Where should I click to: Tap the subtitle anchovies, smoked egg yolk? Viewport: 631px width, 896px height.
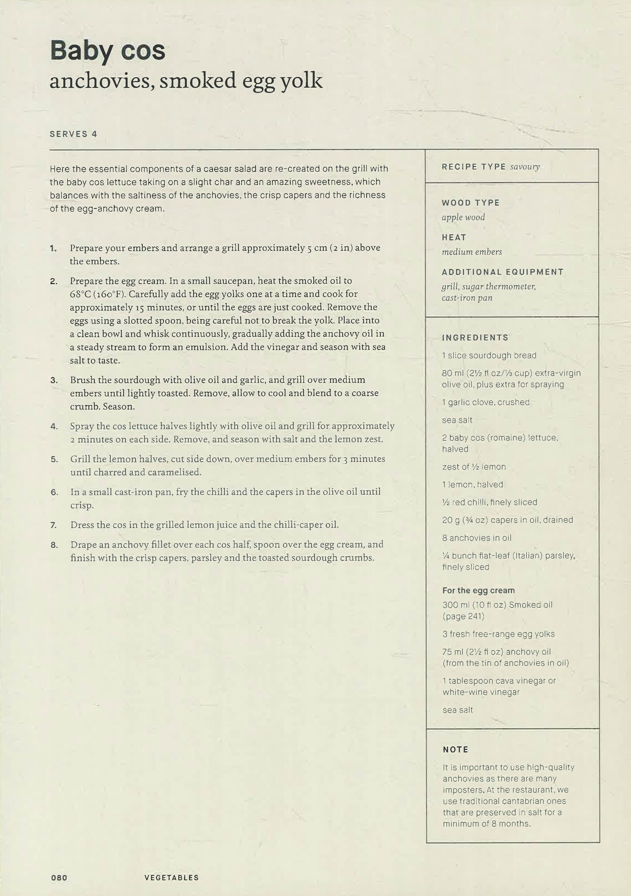pyautogui.click(x=186, y=81)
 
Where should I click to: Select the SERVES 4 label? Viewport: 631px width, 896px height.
pyautogui.click(x=73, y=134)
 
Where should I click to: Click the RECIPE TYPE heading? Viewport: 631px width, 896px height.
pyautogui.click(x=474, y=167)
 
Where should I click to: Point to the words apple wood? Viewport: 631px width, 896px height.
pyautogui.click(x=463, y=217)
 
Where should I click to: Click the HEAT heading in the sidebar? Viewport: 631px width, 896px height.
pyautogui.click(x=454, y=237)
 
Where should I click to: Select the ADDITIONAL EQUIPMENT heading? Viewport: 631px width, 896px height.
pyautogui.click(x=503, y=272)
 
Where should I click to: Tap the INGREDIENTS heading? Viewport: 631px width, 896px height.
pyautogui.click(x=475, y=338)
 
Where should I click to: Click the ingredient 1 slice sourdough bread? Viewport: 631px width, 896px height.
pyautogui.click(x=489, y=356)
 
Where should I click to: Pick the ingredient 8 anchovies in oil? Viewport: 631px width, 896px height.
pyautogui.click(x=477, y=538)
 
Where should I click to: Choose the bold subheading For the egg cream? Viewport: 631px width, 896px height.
pyautogui.click(x=478, y=590)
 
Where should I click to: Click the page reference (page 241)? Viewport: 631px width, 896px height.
pyautogui.click(x=463, y=617)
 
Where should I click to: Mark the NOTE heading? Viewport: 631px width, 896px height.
pyautogui.click(x=455, y=750)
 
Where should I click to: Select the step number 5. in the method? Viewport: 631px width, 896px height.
pyautogui.click(x=54, y=459)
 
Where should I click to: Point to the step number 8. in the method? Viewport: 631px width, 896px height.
pyautogui.click(x=54, y=545)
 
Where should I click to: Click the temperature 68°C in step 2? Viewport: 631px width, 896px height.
pyautogui.click(x=81, y=294)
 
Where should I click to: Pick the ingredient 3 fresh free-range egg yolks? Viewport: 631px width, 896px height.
pyautogui.click(x=498, y=634)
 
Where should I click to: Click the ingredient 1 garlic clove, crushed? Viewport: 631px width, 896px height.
pyautogui.click(x=485, y=402)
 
